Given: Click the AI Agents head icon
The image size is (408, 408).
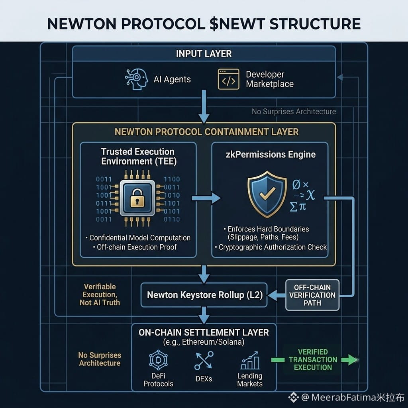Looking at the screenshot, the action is click(x=136, y=79).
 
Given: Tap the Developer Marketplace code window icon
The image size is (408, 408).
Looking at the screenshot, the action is click(x=228, y=79).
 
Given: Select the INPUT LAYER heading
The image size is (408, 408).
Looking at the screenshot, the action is click(x=204, y=54).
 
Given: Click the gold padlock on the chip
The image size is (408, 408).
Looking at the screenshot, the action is click(x=137, y=198).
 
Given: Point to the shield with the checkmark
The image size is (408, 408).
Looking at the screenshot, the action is click(x=267, y=194).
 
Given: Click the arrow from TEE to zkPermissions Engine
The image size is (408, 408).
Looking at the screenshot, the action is click(x=206, y=198).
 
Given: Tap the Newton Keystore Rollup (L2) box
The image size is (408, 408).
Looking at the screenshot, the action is click(x=204, y=295).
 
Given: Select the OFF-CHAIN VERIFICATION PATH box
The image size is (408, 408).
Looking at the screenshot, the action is click(x=312, y=295).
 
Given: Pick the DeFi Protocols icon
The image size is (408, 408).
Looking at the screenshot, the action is click(x=158, y=360).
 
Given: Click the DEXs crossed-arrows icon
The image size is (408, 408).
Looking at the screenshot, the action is click(x=204, y=361).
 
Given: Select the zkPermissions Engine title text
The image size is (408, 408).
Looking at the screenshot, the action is click(x=271, y=155).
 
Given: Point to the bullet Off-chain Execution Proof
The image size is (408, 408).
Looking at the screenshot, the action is click(x=135, y=247).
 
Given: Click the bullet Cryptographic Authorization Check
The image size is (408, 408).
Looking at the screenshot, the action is click(x=271, y=247).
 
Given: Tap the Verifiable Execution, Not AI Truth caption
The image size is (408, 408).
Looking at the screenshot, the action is click(x=100, y=294).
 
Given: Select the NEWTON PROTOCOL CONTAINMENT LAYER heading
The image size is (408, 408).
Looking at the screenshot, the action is click(x=207, y=132).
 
